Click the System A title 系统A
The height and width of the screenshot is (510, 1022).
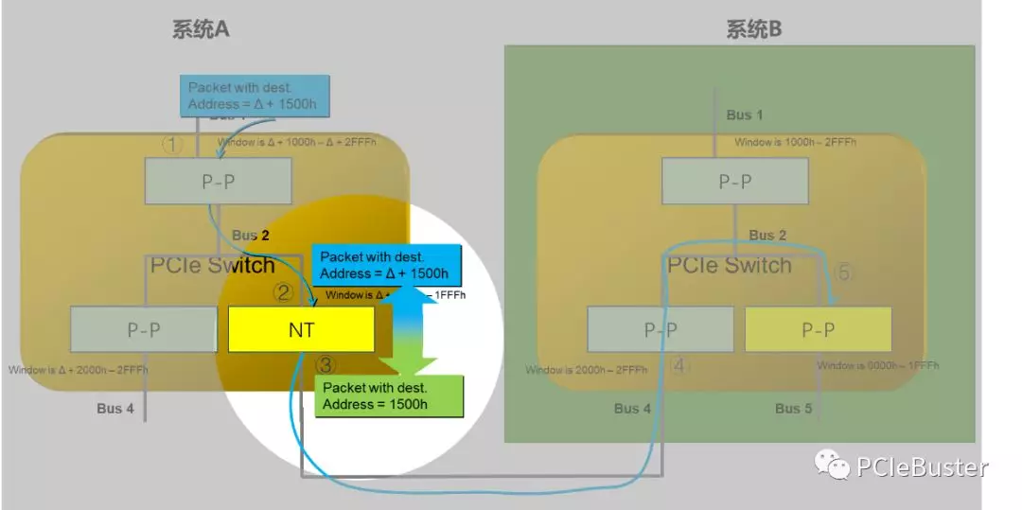(201, 29)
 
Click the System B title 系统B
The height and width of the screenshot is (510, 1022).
(754, 29)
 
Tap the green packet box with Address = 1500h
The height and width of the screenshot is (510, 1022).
(389, 396)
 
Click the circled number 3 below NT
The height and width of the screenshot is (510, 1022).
(326, 364)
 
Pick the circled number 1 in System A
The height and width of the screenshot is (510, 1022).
(171, 145)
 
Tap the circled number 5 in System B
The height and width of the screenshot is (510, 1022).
(844, 273)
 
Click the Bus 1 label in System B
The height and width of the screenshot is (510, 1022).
(745, 115)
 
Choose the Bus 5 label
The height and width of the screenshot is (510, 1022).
(793, 409)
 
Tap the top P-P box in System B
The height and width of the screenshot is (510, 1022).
(734, 181)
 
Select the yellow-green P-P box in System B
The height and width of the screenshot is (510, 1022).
(818, 329)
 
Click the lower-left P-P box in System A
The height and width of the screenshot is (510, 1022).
(144, 329)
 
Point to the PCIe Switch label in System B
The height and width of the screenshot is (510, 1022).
(729, 265)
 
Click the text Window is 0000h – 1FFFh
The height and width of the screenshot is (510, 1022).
(862, 365)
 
